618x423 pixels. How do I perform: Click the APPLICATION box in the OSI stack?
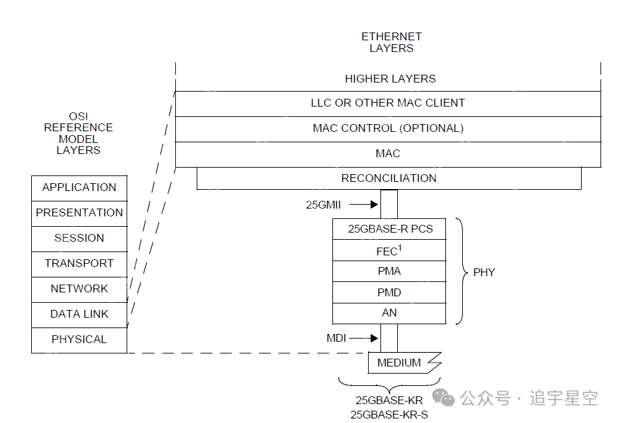(x=79, y=188)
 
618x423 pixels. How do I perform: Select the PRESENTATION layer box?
(x=79, y=213)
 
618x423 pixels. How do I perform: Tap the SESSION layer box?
(x=79, y=238)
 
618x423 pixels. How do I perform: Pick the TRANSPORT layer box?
(x=79, y=264)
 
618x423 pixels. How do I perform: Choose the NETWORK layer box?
(x=79, y=289)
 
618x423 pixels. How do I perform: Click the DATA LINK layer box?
(x=79, y=314)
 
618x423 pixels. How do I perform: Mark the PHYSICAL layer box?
(x=79, y=340)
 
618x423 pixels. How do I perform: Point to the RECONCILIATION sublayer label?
(x=389, y=178)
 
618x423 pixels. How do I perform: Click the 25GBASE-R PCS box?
(x=389, y=229)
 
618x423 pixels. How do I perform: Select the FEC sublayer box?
(x=389, y=251)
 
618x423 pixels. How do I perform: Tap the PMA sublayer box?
(x=389, y=272)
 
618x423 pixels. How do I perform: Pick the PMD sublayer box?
(x=389, y=292)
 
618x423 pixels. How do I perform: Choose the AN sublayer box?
(x=389, y=313)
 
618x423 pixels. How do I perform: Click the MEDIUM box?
(x=399, y=363)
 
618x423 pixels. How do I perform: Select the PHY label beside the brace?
(x=484, y=272)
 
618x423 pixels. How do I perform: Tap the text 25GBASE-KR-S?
(x=389, y=415)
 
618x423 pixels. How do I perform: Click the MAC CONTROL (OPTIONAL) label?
(x=388, y=129)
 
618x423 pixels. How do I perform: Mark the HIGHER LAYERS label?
(x=390, y=79)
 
